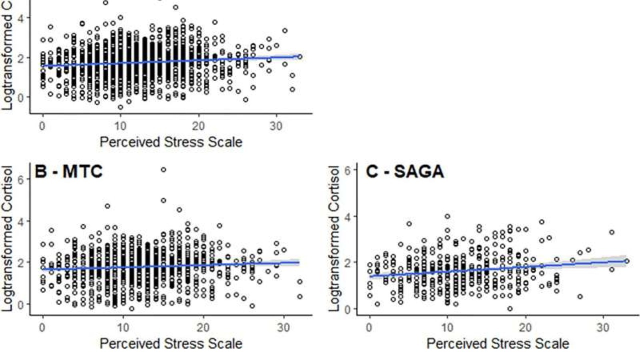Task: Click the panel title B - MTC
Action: tap(68, 171)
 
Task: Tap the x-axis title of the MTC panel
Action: tap(170, 344)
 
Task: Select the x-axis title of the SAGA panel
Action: tap(497, 344)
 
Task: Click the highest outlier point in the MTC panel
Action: tap(163, 170)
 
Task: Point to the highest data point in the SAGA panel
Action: tap(447, 216)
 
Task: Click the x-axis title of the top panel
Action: tap(170, 141)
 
